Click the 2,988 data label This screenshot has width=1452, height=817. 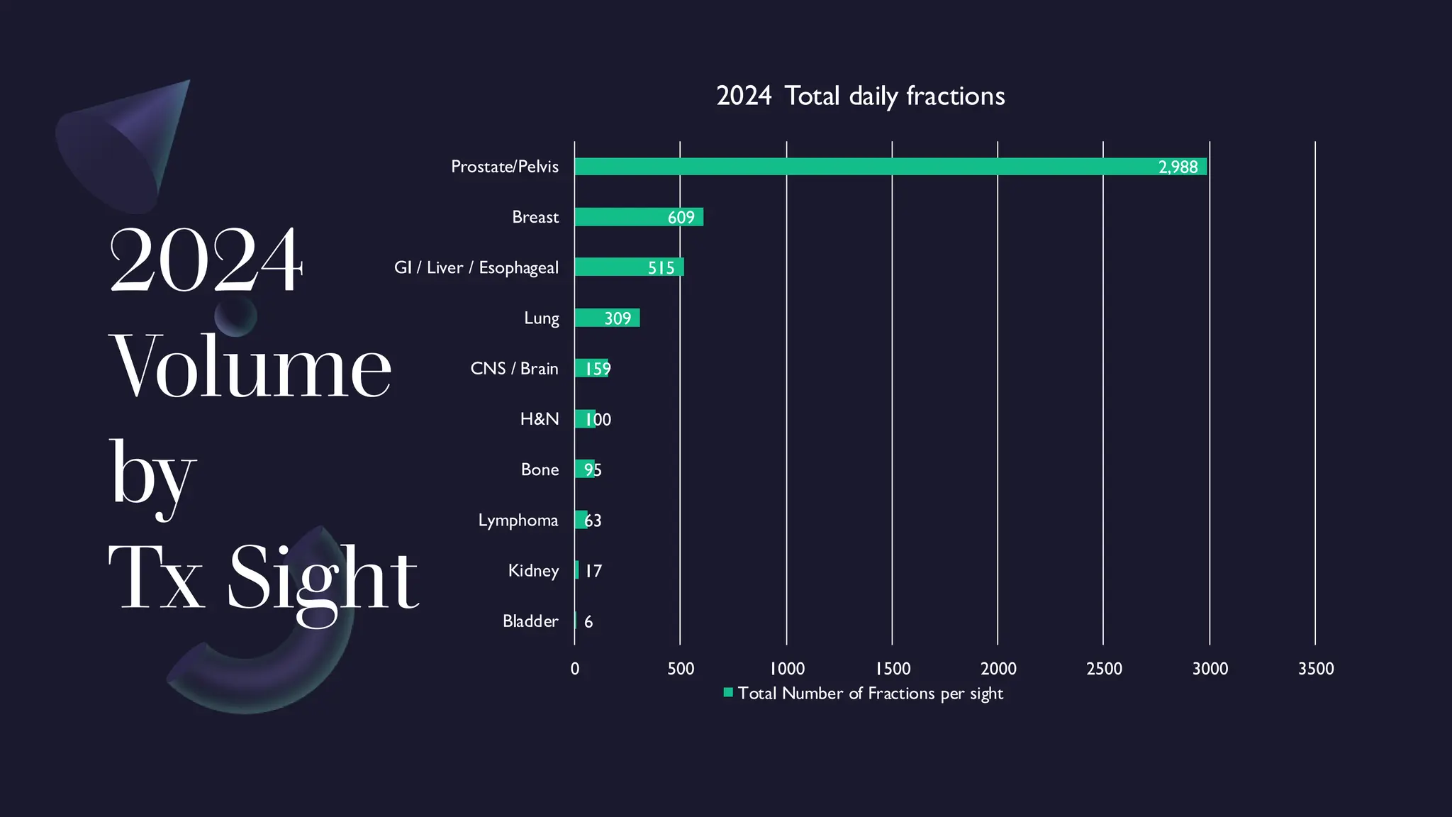[x=1178, y=167]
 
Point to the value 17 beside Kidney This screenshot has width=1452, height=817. [x=593, y=571]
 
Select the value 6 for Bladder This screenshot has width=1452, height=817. [x=588, y=622]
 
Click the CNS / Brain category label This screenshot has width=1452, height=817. [x=514, y=369]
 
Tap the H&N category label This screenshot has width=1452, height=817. [x=540, y=419]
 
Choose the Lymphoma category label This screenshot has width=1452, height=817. [x=518, y=521]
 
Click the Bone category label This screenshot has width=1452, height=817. [x=540, y=469]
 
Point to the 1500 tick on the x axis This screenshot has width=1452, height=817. [x=893, y=669]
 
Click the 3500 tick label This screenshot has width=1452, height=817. [x=1316, y=669]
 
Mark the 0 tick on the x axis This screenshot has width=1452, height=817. [x=575, y=669]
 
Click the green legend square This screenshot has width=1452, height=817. [x=728, y=693]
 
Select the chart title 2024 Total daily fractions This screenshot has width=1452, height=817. [x=860, y=96]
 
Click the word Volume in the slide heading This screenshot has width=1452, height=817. [x=250, y=366]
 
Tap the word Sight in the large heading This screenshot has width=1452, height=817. [x=323, y=578]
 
